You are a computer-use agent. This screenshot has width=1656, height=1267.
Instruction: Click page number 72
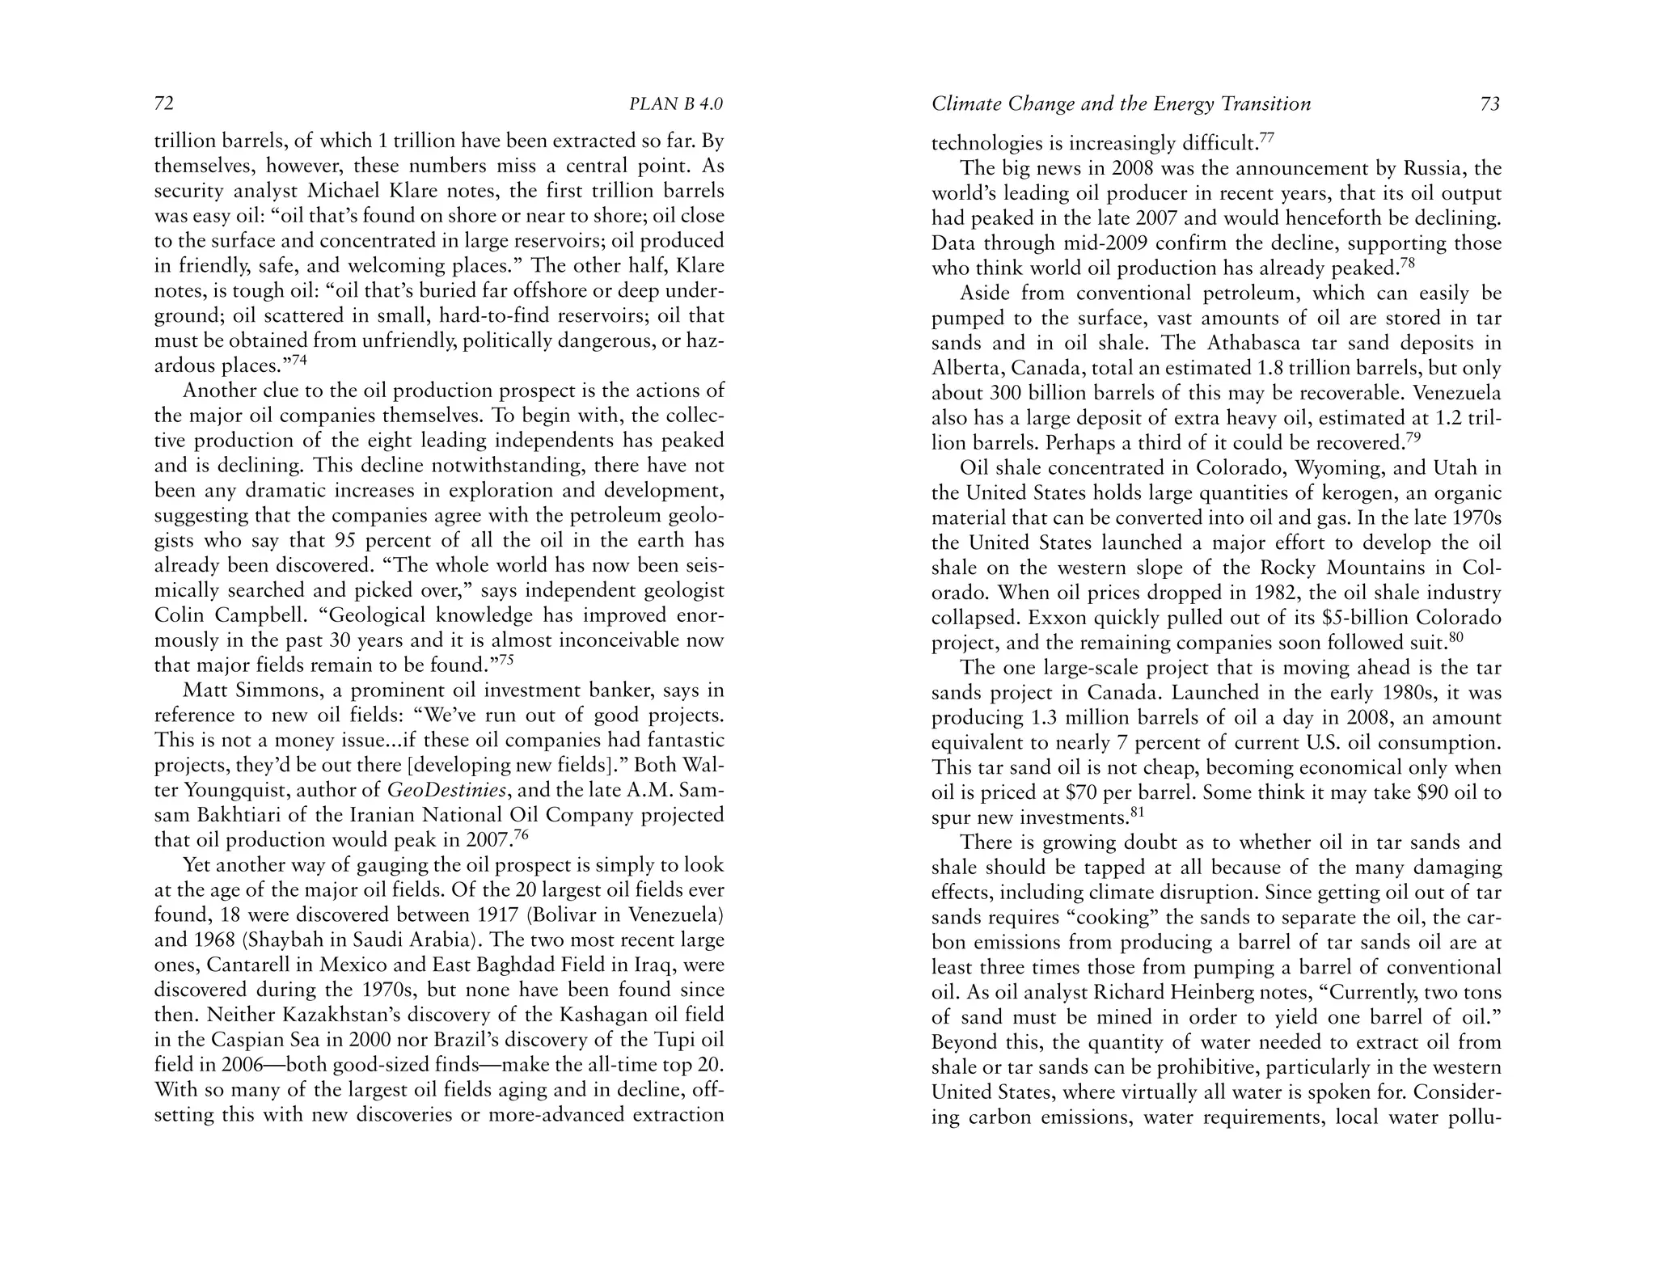click(164, 104)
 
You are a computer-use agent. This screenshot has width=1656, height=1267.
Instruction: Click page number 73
click(1489, 104)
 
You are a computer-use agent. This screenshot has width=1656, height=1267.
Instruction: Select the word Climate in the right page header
click(963, 104)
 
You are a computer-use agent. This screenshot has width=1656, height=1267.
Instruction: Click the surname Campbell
click(229, 615)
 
